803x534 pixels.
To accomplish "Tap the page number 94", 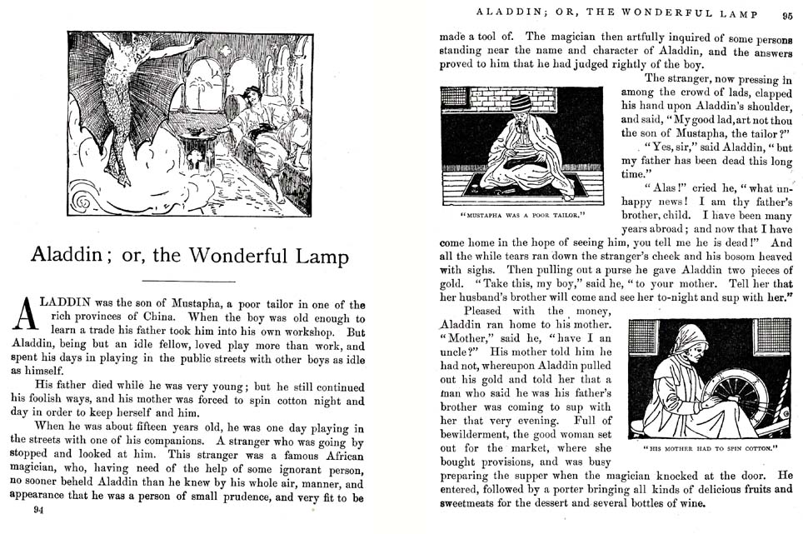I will (x=37, y=511).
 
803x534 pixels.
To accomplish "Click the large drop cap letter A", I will (x=27, y=317).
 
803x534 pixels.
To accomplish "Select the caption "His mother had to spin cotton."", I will (x=711, y=451).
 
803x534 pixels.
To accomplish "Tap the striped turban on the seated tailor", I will (x=521, y=103).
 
